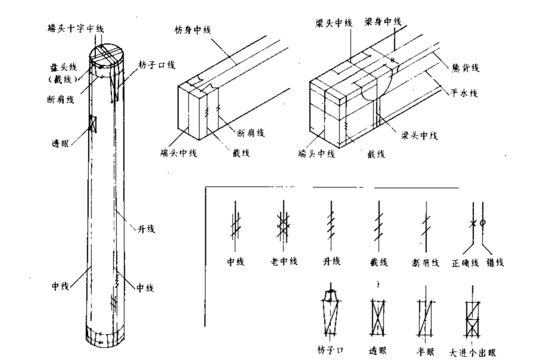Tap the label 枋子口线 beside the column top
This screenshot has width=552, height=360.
click(x=157, y=65)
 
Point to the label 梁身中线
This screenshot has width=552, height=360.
click(x=382, y=22)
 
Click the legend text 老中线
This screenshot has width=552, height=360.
click(x=284, y=261)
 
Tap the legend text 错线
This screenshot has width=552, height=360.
click(x=495, y=263)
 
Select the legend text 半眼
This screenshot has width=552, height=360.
click(x=425, y=351)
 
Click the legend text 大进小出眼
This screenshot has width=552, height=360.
click(x=473, y=352)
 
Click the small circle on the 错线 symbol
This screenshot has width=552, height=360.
click(x=483, y=223)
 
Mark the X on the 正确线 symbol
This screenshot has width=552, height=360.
click(x=472, y=223)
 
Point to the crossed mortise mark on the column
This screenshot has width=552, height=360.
click(x=93, y=123)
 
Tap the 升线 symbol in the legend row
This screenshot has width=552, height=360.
click(x=331, y=225)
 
